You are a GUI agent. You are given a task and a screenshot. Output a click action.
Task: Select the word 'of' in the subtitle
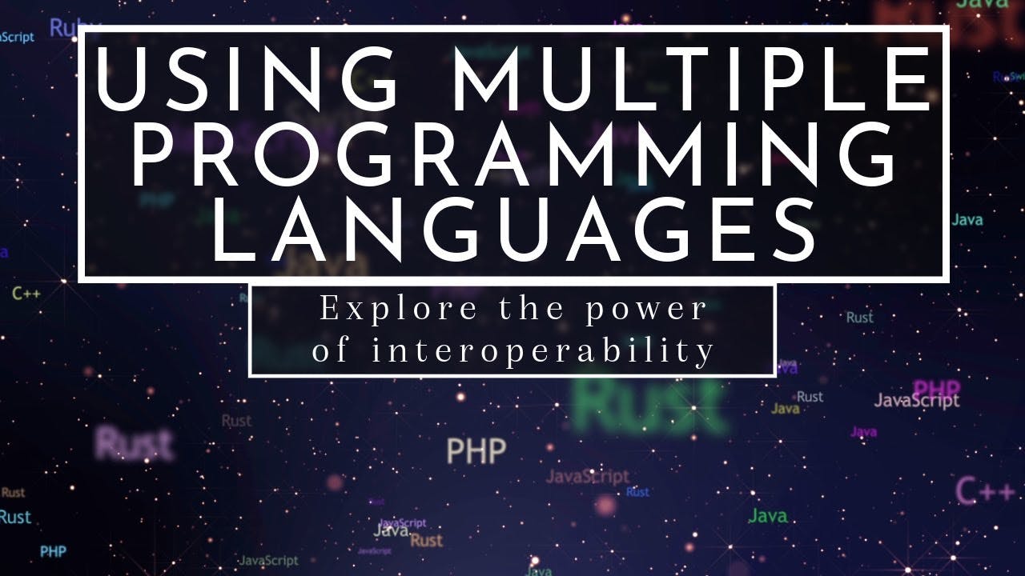pos(330,350)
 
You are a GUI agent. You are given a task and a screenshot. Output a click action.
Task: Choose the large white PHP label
pos(476,451)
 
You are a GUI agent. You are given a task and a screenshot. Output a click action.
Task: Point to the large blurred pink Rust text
pos(134,443)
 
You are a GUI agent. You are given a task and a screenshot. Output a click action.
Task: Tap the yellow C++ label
pos(26,294)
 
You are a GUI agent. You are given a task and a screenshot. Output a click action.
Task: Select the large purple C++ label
pos(986,490)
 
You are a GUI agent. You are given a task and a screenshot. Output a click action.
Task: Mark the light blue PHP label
pos(53,551)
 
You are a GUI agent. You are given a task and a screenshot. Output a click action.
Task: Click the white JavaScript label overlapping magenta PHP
pos(916,401)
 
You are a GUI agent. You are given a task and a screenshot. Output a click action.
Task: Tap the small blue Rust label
pos(637,492)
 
